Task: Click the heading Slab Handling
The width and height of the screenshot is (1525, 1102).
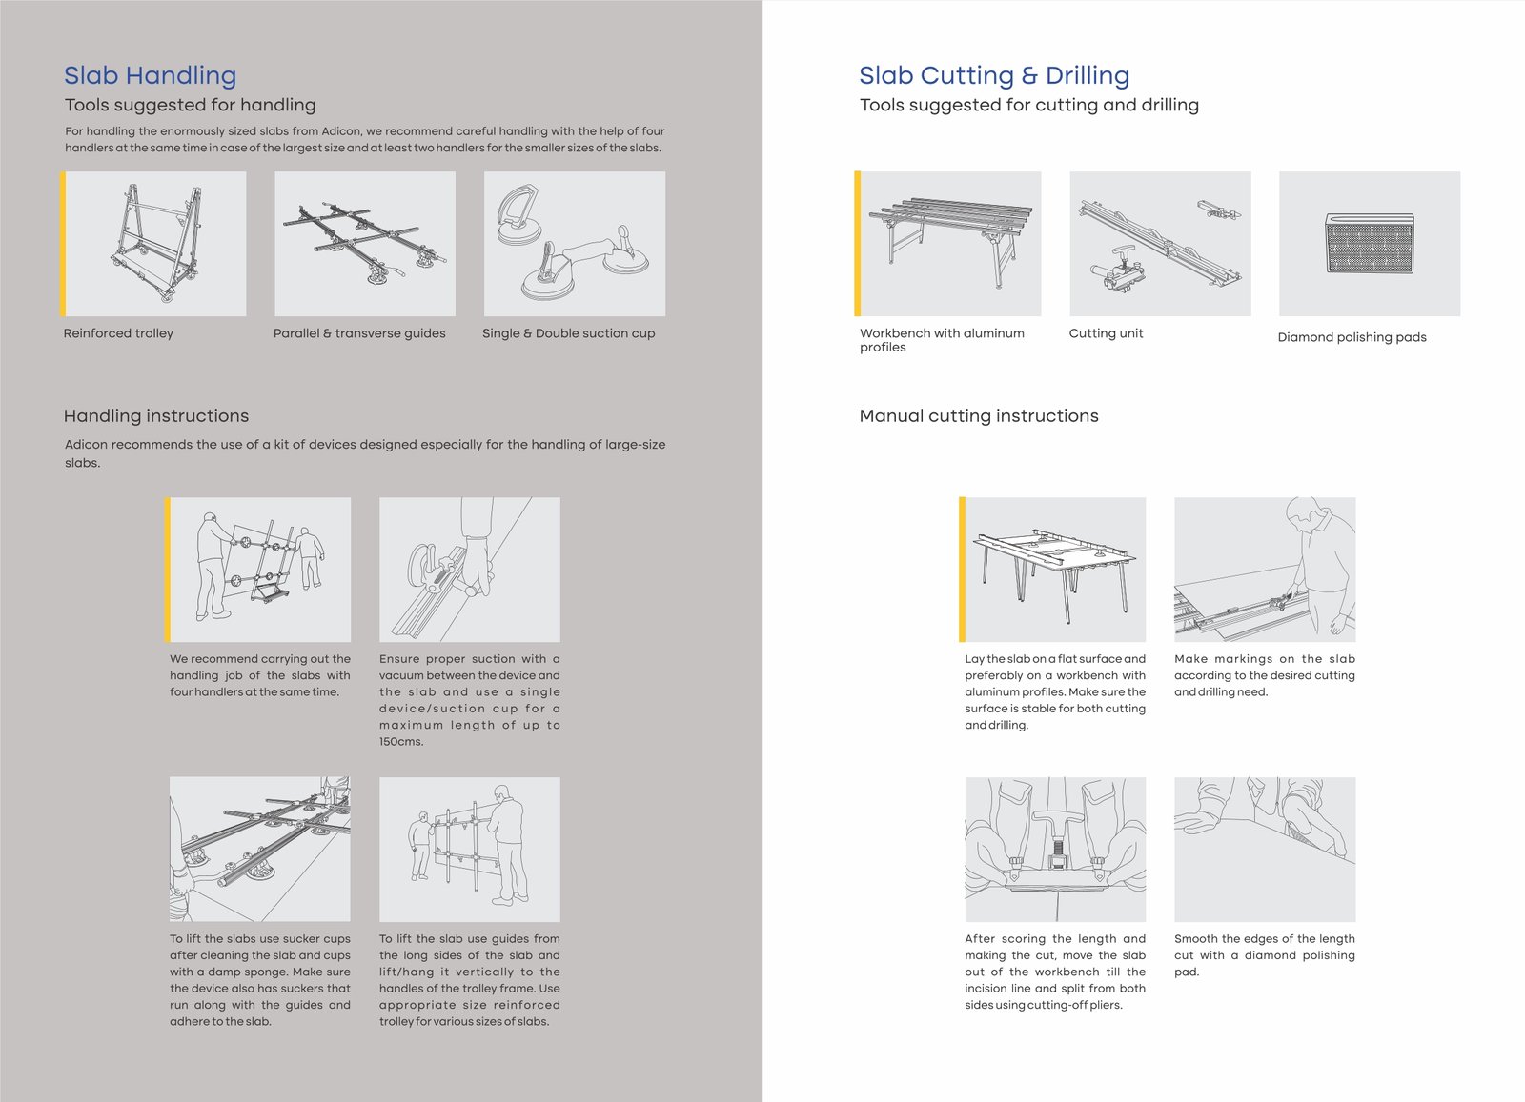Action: coord(150,75)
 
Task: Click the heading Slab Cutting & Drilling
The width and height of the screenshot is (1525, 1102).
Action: coord(993,75)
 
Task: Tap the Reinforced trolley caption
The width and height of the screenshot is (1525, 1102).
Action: coord(118,333)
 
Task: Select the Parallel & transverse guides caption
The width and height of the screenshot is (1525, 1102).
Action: coord(359,333)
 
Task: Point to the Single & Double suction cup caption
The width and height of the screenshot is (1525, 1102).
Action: coord(568,333)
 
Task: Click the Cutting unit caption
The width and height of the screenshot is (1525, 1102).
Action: coord(1106,333)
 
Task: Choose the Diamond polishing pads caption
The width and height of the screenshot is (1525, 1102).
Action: coord(1352,337)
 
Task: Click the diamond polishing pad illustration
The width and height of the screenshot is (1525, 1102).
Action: coord(1369,244)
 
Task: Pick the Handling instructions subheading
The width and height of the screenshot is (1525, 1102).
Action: coord(156,416)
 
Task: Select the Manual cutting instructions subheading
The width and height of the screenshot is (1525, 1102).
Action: coord(979,416)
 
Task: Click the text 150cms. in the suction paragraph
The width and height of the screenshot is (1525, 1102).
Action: coord(401,742)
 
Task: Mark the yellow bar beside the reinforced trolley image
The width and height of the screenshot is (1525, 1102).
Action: coord(63,244)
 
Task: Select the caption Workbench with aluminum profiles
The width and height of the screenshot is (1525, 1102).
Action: coord(942,340)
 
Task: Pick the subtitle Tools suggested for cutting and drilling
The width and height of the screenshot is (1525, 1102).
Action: coord(1029,105)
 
